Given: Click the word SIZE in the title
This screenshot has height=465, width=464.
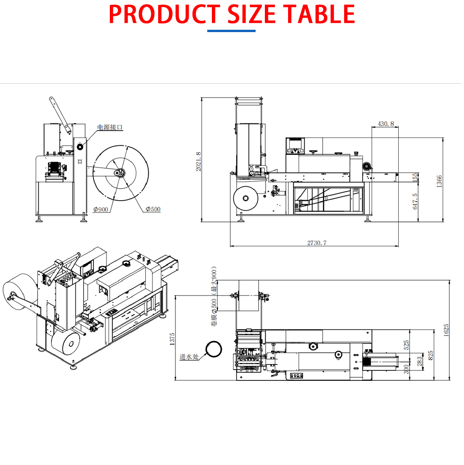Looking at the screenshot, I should tap(251, 14).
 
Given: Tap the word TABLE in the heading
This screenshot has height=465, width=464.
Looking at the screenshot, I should tap(319, 14).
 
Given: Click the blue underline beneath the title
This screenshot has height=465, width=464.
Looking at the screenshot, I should tap(231, 31).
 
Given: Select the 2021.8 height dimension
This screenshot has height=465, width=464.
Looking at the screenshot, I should tap(198, 161).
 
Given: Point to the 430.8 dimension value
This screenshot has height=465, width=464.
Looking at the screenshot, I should tap(386, 124).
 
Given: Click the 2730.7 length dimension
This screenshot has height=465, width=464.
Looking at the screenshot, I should tap(317, 243).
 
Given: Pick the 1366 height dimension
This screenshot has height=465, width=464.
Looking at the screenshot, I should tap(439, 181).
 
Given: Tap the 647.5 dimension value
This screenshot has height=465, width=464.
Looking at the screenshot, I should tap(415, 201).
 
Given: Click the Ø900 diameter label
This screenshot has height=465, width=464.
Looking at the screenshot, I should tap(101, 210).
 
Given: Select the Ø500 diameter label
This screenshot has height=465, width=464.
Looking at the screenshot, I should tap(153, 209).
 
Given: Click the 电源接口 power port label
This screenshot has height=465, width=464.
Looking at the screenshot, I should tap(110, 127).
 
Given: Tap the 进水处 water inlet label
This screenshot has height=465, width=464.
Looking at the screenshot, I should tap(189, 357).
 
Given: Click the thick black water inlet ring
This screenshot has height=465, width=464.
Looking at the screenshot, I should tap(213, 349).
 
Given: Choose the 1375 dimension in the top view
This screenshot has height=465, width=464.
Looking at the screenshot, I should tap(172, 339).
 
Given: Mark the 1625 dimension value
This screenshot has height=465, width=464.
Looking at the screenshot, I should tap(446, 331).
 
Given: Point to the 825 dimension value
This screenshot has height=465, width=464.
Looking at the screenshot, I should tap(431, 355).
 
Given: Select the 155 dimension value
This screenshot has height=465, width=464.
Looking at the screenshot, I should tap(415, 177).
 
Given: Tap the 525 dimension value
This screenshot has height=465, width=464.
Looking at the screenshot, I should tap(406, 345).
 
